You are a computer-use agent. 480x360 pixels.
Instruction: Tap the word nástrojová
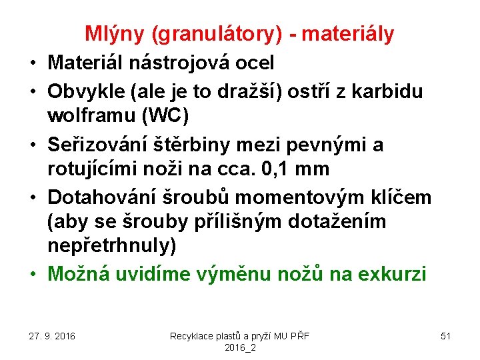click(x=189, y=63)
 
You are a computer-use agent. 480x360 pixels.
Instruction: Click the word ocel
click(x=256, y=63)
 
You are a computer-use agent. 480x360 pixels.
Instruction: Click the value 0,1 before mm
click(x=272, y=170)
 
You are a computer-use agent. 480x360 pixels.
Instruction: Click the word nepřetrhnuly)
click(x=112, y=246)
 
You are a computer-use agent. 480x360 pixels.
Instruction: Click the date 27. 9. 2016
click(x=52, y=335)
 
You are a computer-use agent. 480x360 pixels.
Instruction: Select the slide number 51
click(x=445, y=335)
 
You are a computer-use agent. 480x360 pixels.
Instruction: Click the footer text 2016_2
click(x=240, y=347)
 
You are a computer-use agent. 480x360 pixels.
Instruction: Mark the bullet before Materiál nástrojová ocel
click(x=33, y=64)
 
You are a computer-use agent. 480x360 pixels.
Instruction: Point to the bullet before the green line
click(x=33, y=274)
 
